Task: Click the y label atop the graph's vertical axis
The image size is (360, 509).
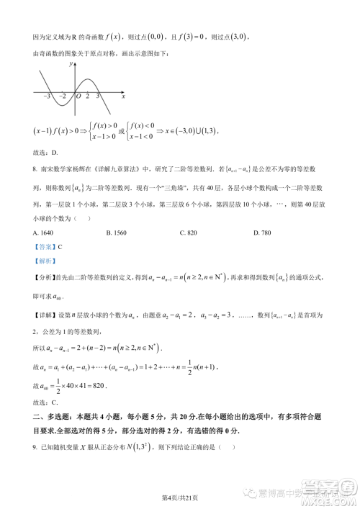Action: (71, 65)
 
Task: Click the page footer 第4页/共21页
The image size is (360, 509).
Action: (179, 497)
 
